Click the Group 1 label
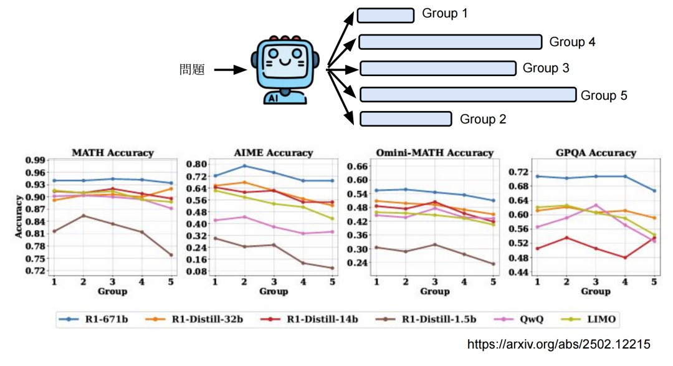point(444,14)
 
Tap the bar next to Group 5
point(467,95)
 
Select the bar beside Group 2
point(406,118)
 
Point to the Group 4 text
point(572,42)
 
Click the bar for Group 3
point(438,68)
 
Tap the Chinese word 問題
point(192,70)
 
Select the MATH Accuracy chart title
point(113,153)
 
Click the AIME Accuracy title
point(273,153)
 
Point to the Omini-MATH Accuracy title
point(434,153)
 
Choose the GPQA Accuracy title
point(596,153)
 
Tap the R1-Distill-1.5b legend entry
point(432,319)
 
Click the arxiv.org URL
point(559,344)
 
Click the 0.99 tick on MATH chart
point(36,160)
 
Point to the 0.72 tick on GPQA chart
point(519,171)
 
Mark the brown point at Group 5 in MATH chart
point(171,254)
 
